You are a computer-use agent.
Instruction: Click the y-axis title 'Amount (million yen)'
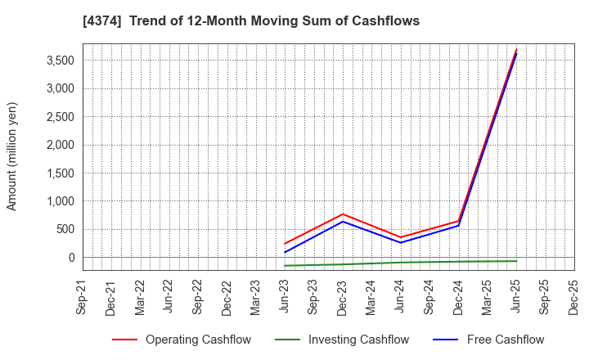(12, 156)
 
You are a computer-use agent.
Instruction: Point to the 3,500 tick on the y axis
(58, 61)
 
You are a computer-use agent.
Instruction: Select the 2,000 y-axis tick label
(58, 145)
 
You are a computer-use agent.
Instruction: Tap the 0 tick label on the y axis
(71, 258)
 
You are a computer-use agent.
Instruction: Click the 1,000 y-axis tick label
(58, 201)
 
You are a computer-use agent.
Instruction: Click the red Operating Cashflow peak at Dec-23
(343, 214)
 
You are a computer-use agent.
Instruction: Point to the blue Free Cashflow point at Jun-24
(401, 242)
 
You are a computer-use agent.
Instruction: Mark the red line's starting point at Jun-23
(286, 244)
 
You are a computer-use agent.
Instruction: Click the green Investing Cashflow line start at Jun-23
(286, 266)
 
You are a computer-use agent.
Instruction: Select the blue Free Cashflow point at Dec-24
(459, 226)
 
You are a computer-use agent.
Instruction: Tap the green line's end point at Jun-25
(516, 261)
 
